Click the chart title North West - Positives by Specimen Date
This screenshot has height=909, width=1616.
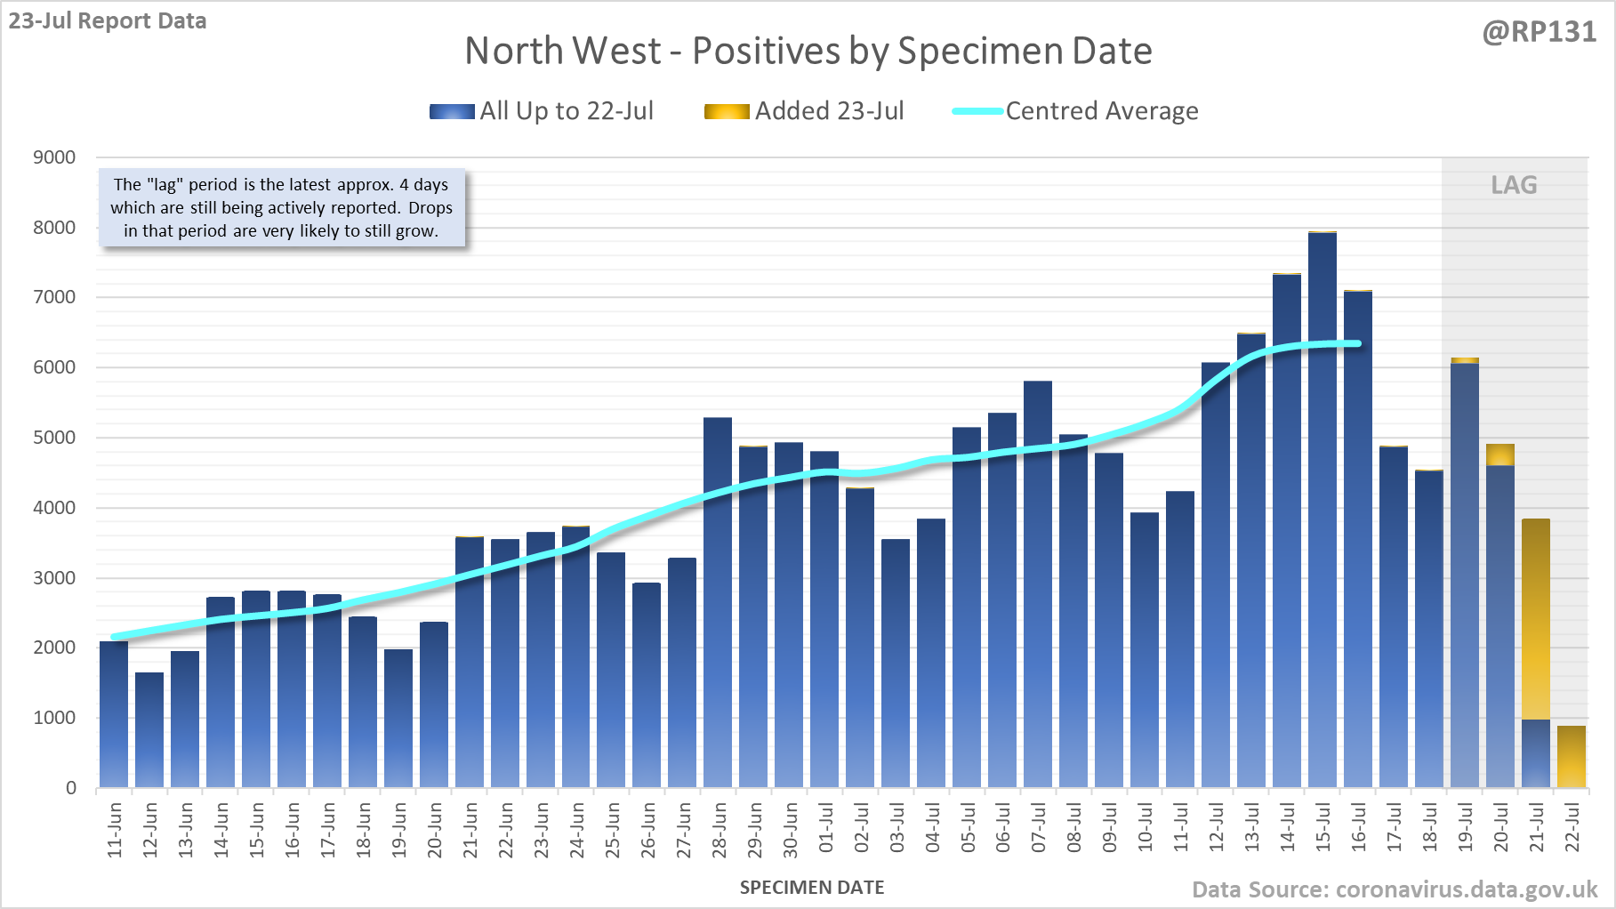tap(808, 51)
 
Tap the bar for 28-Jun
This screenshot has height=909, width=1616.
tap(718, 605)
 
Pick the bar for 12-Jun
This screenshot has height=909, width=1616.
tap(149, 729)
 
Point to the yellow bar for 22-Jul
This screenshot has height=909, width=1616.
tap(1572, 756)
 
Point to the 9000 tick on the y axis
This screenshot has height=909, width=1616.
tap(54, 157)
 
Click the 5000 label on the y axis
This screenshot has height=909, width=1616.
tap(54, 438)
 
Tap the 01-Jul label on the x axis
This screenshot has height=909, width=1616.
tap(826, 828)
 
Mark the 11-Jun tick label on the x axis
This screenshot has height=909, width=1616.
tap(115, 830)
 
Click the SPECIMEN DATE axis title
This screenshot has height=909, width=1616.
tap(812, 888)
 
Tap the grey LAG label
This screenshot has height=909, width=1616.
tap(1514, 185)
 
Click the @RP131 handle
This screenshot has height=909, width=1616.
tap(1540, 32)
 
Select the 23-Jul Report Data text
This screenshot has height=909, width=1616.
tap(108, 20)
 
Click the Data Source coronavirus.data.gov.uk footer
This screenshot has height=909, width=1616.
tap(1395, 889)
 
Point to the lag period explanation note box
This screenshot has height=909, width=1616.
tap(281, 208)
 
